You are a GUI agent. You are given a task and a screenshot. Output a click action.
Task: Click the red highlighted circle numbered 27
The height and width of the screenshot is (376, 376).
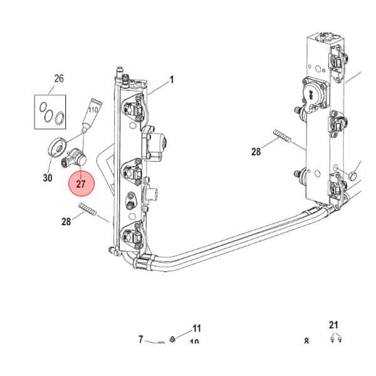[x=81, y=184]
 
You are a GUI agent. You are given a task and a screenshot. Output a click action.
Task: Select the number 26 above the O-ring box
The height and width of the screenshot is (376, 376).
[x=59, y=79]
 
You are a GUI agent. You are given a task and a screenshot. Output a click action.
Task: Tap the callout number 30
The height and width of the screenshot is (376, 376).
[x=48, y=178]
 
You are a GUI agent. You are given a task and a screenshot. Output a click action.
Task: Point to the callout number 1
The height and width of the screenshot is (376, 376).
[x=171, y=80]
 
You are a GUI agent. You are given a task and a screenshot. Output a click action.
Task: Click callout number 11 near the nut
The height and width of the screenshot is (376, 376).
[x=197, y=328]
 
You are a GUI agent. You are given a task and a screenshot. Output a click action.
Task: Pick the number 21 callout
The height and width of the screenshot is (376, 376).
[x=333, y=325]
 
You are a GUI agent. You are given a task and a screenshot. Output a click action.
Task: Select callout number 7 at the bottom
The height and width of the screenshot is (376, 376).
[x=141, y=339]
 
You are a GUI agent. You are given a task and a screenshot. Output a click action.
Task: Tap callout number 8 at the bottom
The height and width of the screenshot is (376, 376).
[x=306, y=342]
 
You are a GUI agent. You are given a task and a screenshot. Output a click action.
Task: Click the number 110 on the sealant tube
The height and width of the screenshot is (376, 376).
[x=93, y=110]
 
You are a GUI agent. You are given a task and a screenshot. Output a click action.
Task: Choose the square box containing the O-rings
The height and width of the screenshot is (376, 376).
[x=50, y=112]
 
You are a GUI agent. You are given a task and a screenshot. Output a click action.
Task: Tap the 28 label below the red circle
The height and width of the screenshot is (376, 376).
[x=67, y=221]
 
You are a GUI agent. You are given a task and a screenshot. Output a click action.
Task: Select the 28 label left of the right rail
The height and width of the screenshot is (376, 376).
[x=256, y=152]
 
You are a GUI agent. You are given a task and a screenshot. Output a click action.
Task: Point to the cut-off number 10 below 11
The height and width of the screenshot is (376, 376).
[x=194, y=342]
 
